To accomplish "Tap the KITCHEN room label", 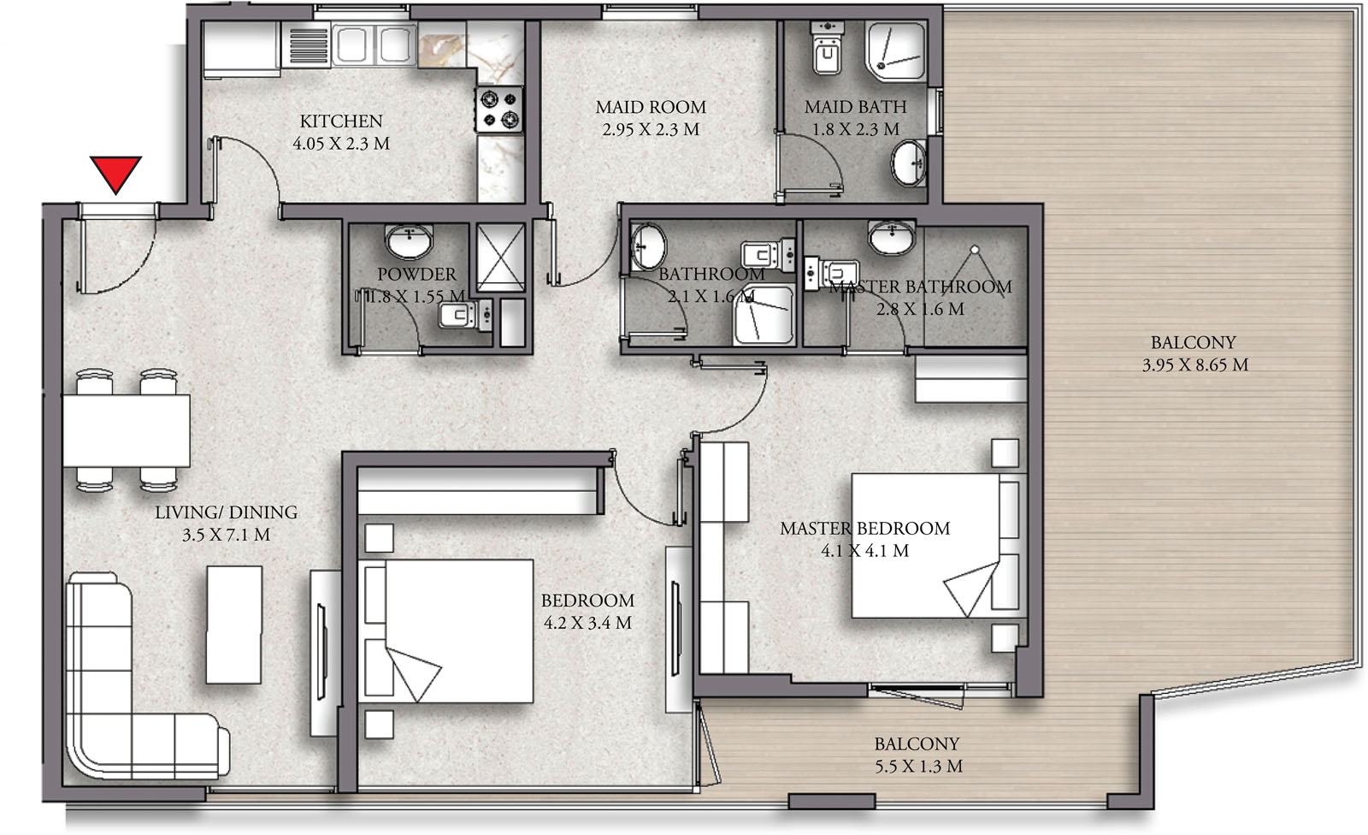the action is (341, 121).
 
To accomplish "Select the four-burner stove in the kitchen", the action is (499, 110).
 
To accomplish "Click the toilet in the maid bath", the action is (827, 49).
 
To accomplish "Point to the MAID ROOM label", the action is (651, 107).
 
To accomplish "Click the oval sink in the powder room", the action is (409, 241).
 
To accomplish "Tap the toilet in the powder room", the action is (465, 315).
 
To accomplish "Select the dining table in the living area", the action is (127, 430).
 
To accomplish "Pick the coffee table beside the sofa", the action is (234, 624).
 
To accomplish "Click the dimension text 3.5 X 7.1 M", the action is (226, 535).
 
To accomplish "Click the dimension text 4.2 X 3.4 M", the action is (587, 623).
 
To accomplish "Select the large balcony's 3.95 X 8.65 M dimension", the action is (1194, 365).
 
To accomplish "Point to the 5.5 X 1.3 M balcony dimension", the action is (918, 767).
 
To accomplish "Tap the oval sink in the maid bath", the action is (909, 163).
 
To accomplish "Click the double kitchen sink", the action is (374, 44).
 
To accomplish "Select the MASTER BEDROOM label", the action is (864, 528).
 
